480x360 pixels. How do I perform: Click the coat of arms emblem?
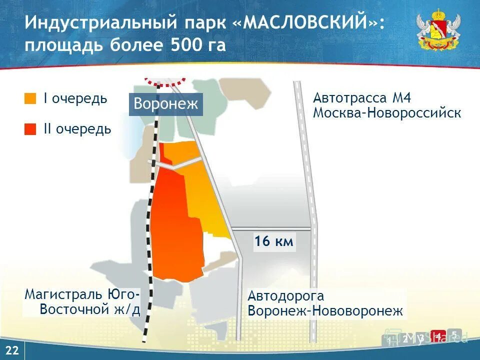438,31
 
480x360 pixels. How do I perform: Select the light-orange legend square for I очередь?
30,98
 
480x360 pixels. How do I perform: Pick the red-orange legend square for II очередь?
30,129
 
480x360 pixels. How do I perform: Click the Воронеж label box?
166,104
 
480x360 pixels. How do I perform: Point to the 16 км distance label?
273,242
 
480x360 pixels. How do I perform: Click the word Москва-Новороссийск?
386,112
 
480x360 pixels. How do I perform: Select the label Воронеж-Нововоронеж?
325,311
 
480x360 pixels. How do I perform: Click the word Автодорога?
286,296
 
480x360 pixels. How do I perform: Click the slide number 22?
12,351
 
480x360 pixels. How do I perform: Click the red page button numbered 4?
438,337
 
